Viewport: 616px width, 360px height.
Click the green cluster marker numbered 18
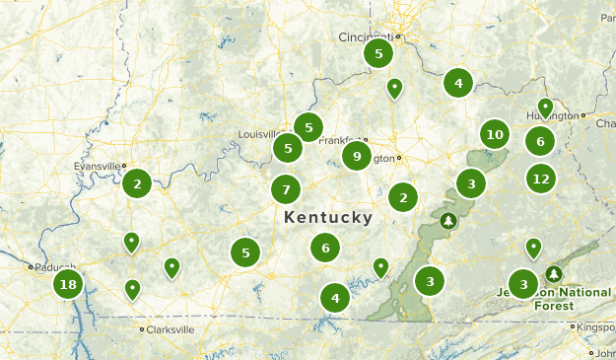point(67,286)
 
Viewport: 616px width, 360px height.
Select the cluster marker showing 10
point(495,134)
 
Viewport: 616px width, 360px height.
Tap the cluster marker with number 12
point(540,179)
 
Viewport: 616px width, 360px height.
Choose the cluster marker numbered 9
point(356,156)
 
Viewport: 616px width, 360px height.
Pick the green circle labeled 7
point(286,189)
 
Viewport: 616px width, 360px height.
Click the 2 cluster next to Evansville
point(138,182)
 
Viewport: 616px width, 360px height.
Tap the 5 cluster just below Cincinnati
point(378,53)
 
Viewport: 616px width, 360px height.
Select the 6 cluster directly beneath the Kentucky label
point(325,248)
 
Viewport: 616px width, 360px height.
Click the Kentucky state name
point(327,217)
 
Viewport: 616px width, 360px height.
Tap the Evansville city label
point(99,166)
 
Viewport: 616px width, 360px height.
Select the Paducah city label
point(46,266)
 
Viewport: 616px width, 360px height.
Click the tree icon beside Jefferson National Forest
point(554,273)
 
